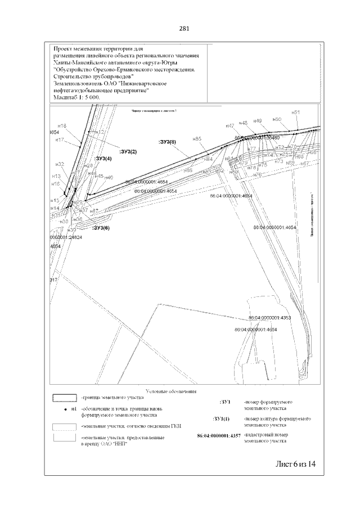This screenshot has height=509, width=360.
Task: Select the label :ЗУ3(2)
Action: point(128,152)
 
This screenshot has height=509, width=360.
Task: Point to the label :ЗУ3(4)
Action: point(103,159)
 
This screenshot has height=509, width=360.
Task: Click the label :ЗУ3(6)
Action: point(101,228)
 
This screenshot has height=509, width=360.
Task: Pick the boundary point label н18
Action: point(62,125)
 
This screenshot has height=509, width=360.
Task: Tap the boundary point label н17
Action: point(60,139)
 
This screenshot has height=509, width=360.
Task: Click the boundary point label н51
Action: point(295,112)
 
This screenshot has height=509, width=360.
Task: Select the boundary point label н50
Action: point(276,119)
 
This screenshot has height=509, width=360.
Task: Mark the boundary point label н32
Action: point(61,164)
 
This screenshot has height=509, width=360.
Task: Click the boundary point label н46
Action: point(109,178)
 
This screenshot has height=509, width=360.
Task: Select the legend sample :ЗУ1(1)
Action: point(221,419)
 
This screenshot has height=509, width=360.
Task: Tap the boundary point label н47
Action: point(229,125)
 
